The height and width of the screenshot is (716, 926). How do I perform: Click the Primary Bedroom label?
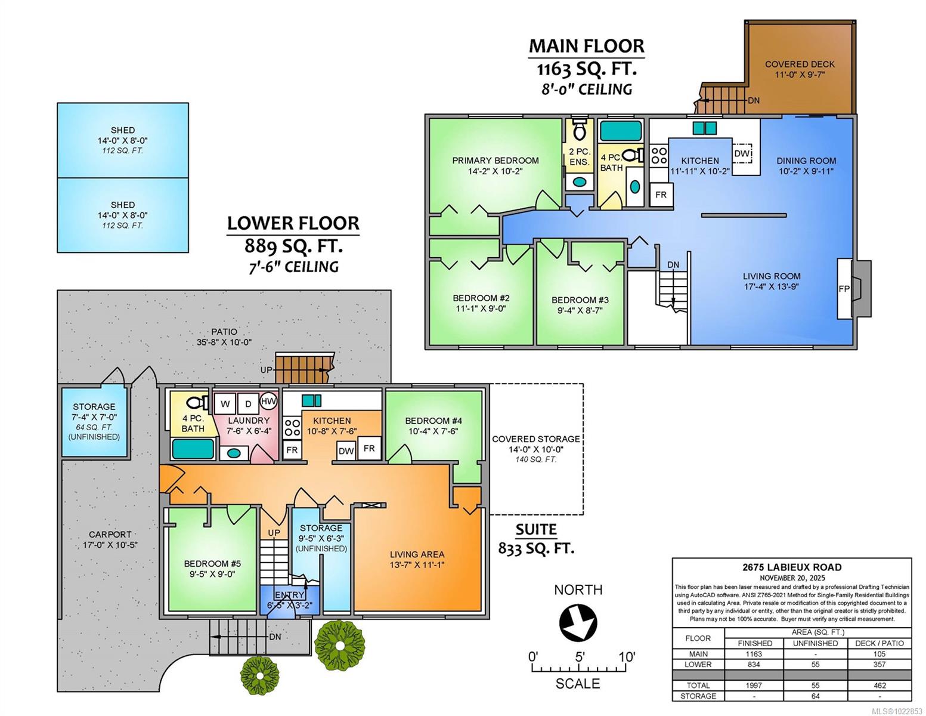tap(495, 161)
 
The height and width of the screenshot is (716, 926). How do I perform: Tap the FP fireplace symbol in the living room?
tap(844, 289)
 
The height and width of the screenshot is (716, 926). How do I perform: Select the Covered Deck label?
tap(800, 64)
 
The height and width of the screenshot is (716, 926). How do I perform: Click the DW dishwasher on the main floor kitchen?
tap(742, 153)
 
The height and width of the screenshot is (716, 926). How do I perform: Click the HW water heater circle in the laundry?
tap(268, 402)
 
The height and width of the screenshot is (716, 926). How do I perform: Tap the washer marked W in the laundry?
tap(225, 404)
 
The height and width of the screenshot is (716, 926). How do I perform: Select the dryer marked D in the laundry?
tap(248, 404)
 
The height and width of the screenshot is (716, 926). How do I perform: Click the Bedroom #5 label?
tap(212, 564)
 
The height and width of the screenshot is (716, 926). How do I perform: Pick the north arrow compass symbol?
tap(578, 624)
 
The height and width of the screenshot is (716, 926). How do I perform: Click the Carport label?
tap(110, 535)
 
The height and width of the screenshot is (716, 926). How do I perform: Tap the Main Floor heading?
tap(587, 46)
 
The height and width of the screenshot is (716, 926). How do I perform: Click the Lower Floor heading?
tap(293, 223)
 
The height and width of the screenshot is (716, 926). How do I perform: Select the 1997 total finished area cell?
tap(754, 686)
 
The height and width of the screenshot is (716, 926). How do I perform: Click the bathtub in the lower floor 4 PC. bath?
tap(193, 448)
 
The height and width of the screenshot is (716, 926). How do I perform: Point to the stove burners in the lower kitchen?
tap(292, 427)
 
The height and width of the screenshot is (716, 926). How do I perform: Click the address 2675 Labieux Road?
tap(792, 567)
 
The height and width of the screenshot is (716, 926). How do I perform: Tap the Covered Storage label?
tap(535, 439)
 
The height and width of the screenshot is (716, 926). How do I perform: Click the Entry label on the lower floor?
tap(290, 595)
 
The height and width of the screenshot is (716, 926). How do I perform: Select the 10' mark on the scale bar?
tap(627, 658)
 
